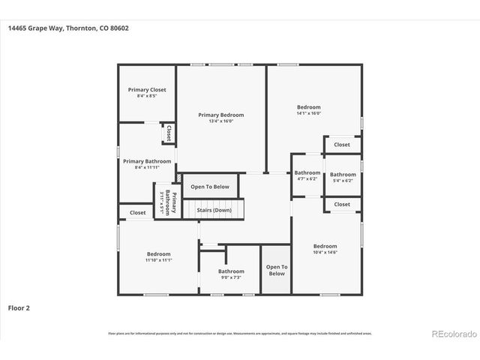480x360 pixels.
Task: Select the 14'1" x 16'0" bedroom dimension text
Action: pyautogui.click(x=308, y=113)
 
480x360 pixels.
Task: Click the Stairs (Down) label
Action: pyautogui.click(x=214, y=210)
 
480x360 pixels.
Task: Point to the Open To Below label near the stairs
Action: pyautogui.click(x=210, y=187)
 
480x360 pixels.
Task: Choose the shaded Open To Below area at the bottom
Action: pyautogui.click(x=276, y=270)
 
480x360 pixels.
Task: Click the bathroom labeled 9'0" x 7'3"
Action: pyautogui.click(x=231, y=274)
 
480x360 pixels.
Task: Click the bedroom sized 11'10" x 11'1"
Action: pyautogui.click(x=159, y=256)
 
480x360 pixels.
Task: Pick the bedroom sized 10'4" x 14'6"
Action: pyautogui.click(x=325, y=249)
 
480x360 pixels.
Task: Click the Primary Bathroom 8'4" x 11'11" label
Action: pyautogui.click(x=147, y=164)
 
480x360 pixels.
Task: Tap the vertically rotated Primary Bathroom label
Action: pyautogui.click(x=168, y=204)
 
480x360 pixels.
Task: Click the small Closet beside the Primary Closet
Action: pyautogui.click(x=169, y=133)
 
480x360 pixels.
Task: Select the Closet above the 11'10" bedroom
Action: pyautogui.click(x=137, y=213)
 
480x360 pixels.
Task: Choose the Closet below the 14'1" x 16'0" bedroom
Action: pyautogui.click(x=342, y=145)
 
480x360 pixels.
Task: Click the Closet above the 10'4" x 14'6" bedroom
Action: pyautogui.click(x=342, y=204)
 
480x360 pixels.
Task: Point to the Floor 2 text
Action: pyautogui.click(x=19, y=307)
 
